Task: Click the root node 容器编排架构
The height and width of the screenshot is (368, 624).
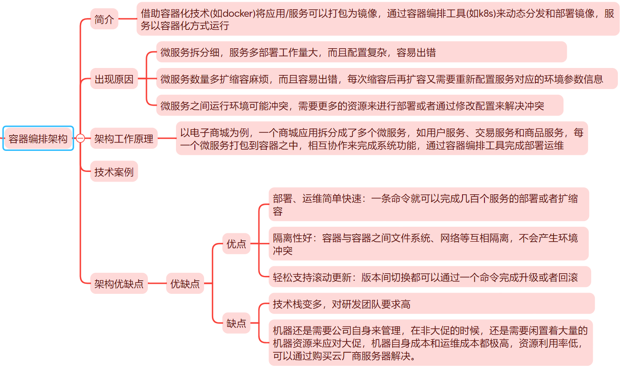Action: pyautogui.click(x=38, y=139)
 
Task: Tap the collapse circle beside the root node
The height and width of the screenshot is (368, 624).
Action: pyautogui.click(x=80, y=139)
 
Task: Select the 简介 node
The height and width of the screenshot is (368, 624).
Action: pyautogui.click(x=104, y=19)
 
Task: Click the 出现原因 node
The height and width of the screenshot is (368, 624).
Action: pyautogui.click(x=114, y=79)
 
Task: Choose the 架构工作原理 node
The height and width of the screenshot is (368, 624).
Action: pyautogui.click(x=124, y=139)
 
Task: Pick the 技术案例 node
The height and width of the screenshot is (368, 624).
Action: pyautogui.click(x=114, y=171)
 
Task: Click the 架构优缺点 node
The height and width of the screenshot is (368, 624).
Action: pyautogui.click(x=119, y=283)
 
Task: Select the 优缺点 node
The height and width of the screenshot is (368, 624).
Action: pyautogui.click(x=185, y=283)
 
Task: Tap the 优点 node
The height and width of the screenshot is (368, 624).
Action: pyautogui.click(x=236, y=243)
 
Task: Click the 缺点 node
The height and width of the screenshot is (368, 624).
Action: pyautogui.click(x=236, y=323)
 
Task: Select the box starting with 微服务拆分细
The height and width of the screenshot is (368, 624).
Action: pyautogui.click(x=361, y=52)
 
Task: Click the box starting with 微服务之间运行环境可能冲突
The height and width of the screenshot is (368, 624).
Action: pyautogui.click(x=359, y=105)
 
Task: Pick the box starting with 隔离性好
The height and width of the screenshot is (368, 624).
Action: pyautogui.click(x=428, y=243)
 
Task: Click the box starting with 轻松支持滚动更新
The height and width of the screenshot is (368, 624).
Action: pyautogui.click(x=430, y=277)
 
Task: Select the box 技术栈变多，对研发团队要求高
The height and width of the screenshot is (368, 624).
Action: pyautogui.click(x=431, y=304)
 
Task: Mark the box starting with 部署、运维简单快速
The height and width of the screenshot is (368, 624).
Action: pyautogui.click(x=428, y=204)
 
